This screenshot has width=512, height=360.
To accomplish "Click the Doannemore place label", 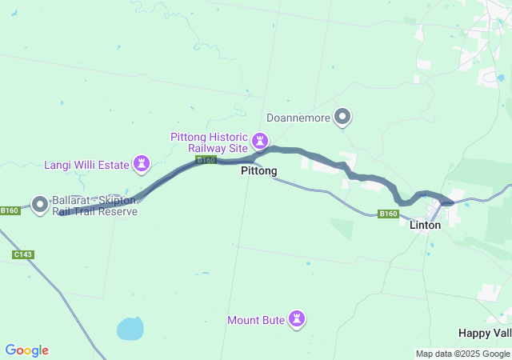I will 298,118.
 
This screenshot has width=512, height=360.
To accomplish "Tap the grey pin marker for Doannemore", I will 342,118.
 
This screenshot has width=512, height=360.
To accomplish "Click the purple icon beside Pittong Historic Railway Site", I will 260,142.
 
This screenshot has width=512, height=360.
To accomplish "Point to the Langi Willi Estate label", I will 86,166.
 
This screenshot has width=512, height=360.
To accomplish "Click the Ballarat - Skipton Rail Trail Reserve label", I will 95,206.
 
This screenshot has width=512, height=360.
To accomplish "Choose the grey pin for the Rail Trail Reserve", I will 40,204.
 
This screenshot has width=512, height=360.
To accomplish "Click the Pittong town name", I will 259,171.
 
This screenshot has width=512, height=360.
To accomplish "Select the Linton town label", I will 425,226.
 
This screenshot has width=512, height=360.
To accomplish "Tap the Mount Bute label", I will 256,321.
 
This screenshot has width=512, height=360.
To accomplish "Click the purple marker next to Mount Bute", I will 298,319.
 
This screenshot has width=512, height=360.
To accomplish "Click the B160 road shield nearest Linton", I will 388,214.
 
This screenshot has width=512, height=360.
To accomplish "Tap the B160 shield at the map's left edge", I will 9,211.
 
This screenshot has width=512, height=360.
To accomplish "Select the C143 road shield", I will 22,254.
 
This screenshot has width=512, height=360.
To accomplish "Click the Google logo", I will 26,350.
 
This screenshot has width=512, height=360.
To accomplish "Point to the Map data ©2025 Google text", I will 462,354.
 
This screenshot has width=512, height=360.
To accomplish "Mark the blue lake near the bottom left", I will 130,328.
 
